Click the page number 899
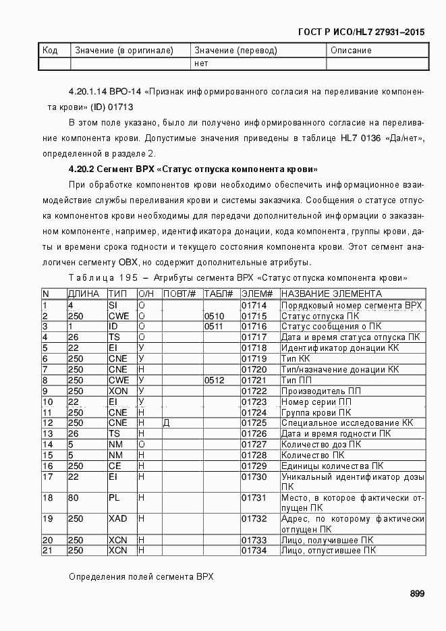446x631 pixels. [416, 594]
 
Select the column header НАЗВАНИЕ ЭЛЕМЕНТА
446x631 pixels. [331, 294]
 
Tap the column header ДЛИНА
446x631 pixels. [84, 294]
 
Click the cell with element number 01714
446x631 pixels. [254, 306]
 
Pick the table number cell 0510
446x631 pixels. [214, 316]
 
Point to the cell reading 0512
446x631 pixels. [214, 381]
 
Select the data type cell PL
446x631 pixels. [114, 497]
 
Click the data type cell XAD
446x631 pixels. [117, 518]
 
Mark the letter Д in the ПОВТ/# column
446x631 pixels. [166, 422]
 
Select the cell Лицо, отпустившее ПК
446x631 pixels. [329, 551]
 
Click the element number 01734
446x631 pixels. [254, 551]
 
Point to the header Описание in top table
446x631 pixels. [351, 51]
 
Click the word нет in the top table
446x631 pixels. [201, 63]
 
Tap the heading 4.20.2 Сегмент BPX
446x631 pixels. [193, 169]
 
